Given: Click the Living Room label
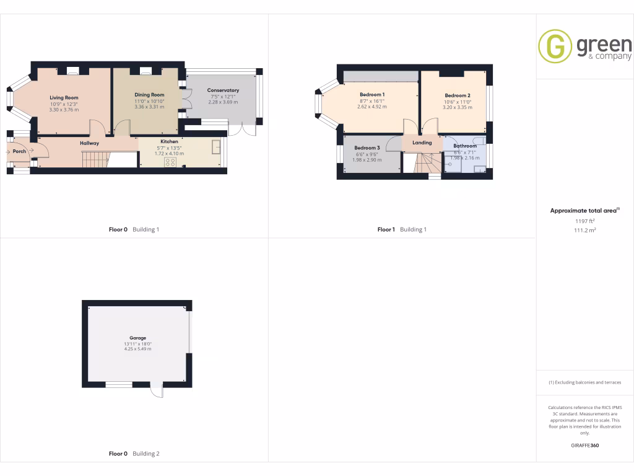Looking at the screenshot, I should (64, 97).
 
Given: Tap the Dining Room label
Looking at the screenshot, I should (149, 95).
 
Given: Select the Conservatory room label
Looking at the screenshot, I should (223, 90).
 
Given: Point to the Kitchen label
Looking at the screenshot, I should (170, 142).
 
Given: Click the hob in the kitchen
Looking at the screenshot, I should (170, 162).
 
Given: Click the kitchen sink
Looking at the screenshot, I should (217, 146).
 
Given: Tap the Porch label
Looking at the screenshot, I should (19, 151).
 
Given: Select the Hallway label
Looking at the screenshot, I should (89, 143).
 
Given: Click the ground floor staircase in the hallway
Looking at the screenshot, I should (95, 159).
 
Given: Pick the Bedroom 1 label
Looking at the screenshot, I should (372, 94).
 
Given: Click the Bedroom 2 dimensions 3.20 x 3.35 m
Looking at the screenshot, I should (457, 107).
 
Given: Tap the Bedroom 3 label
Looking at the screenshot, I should (367, 148).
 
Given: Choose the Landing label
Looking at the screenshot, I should (422, 143).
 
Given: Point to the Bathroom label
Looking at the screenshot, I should (465, 146).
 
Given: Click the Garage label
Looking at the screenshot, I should (137, 338).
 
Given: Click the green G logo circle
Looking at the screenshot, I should (555, 46).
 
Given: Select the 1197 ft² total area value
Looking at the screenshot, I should (584, 221).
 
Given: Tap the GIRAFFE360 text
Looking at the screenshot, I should (584, 445).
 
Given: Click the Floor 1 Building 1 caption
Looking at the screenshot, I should (402, 229).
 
